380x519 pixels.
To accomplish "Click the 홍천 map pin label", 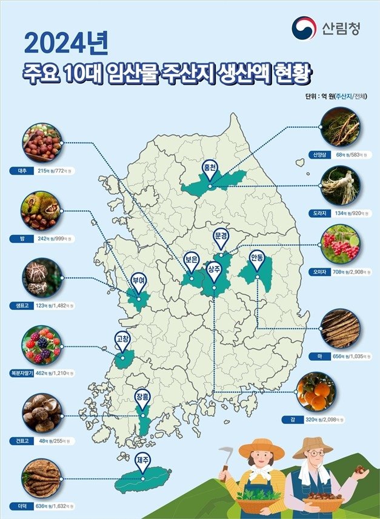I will coord(210,168).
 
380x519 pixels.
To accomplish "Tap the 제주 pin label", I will coord(142,460).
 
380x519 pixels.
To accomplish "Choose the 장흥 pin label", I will coord(142,397).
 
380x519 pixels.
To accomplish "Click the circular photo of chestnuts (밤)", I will coord(41,210).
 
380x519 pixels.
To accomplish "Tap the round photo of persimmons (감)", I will coord(316,391).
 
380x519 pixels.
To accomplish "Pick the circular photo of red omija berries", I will coord(339,242).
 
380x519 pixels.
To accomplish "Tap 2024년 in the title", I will coord(66,44).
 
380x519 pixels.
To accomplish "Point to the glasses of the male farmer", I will coord(315,454).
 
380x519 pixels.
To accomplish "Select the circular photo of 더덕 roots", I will coord(41,479).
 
